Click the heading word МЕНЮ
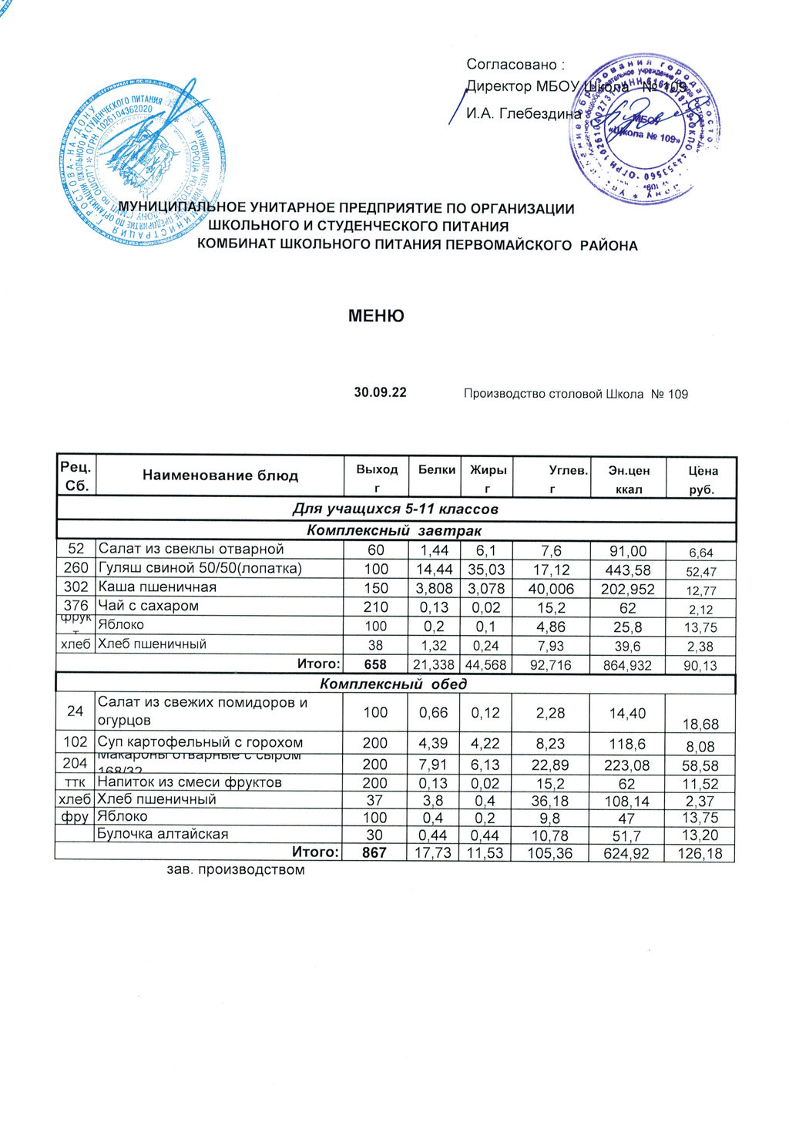(x=376, y=316)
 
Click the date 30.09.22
(x=380, y=392)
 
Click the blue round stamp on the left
(x=142, y=164)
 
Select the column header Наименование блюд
(x=220, y=476)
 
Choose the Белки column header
(x=437, y=469)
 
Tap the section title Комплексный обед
(x=394, y=684)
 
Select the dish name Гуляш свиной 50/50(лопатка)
(x=200, y=569)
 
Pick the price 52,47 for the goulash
(x=701, y=572)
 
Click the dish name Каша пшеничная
(x=156, y=587)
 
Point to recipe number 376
(x=76, y=606)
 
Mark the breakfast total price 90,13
(x=700, y=665)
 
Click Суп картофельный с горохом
(x=200, y=743)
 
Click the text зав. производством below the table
(x=236, y=870)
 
